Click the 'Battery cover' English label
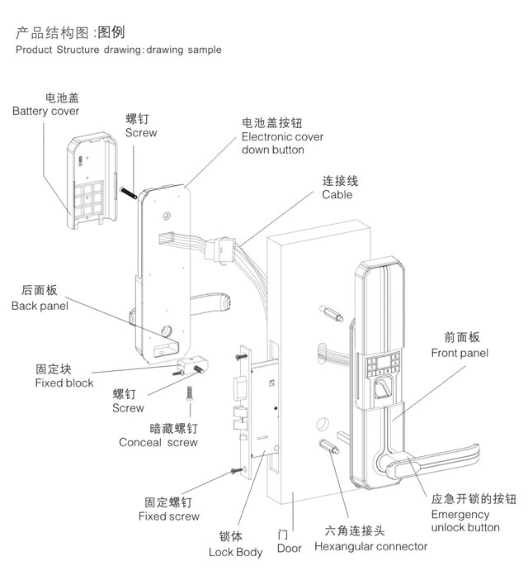point(45,111)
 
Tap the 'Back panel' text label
point(40,306)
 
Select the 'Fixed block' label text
point(64,383)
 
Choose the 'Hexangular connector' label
point(370,546)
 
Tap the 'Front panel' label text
point(460,353)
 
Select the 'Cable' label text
point(337,195)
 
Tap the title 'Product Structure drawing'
point(78,50)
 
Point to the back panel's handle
point(215,302)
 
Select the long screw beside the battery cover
point(130,186)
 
